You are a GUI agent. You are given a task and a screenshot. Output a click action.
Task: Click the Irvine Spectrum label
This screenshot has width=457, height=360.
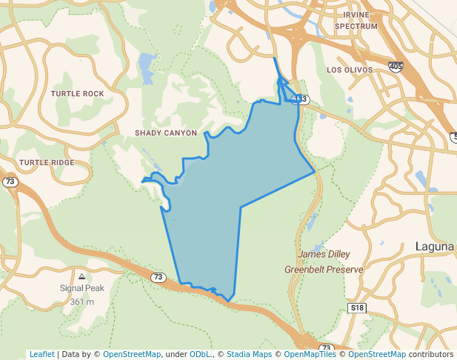tap(356, 20)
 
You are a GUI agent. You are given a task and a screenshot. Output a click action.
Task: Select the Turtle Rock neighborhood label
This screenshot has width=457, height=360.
tap(78, 94)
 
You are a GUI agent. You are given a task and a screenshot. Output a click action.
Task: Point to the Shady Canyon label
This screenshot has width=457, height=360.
tap(166, 133)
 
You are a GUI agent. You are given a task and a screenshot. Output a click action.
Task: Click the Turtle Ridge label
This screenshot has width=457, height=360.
tap(47, 162)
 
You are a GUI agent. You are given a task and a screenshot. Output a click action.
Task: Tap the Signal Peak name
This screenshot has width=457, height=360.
tap(82, 288)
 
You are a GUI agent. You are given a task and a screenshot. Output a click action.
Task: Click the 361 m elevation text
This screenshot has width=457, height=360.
tap(82, 301)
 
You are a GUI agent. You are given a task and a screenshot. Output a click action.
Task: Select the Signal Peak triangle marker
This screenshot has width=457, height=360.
tap(82, 276)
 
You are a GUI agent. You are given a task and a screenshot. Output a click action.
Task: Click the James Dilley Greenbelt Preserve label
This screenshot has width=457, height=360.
tap(324, 262)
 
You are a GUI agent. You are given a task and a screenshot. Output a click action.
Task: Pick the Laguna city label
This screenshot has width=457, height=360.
tap(436, 247)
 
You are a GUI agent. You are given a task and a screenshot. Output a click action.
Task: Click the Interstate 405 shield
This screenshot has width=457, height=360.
tap(396, 67)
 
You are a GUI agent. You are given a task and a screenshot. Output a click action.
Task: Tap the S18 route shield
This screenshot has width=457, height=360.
tap(357, 307)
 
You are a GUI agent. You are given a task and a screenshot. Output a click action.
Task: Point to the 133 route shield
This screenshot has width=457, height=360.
tap(299, 99)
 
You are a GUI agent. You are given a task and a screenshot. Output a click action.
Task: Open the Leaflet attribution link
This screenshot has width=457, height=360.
tap(41, 354)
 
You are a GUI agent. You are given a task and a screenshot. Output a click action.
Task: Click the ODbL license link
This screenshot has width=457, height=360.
tap(199, 354)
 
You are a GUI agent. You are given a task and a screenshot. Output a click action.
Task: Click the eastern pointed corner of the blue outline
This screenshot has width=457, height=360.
tap(316, 172)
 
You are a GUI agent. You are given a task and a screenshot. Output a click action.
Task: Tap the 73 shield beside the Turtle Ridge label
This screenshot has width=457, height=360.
tap(10, 181)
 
